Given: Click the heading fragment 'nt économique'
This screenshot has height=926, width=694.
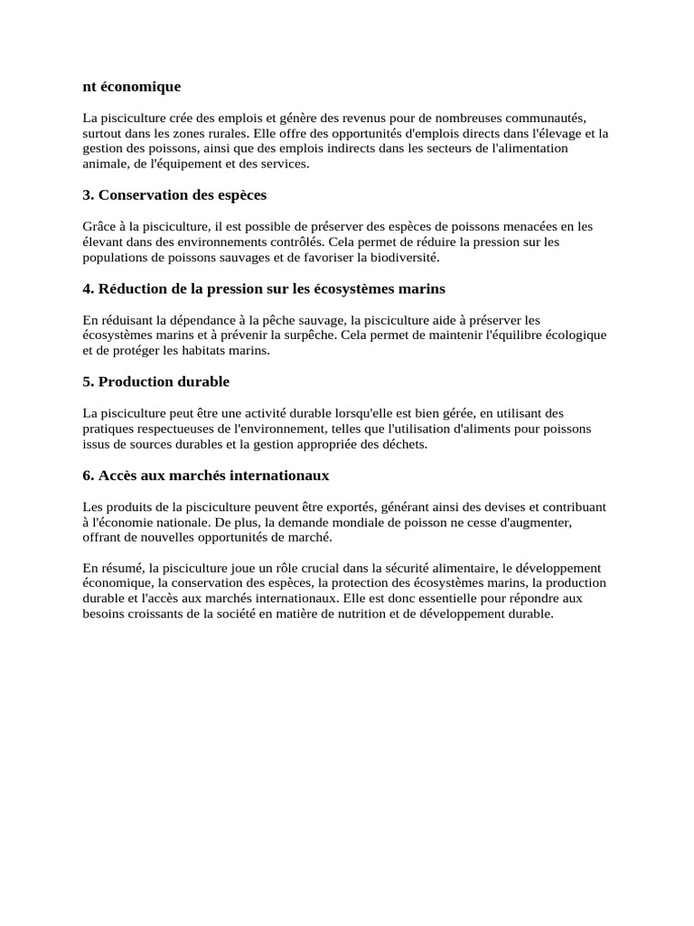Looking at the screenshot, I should tap(132, 87).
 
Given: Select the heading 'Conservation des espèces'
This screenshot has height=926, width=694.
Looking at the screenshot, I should tap(183, 194).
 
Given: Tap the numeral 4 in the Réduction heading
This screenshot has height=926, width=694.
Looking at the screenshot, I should tap(87, 288).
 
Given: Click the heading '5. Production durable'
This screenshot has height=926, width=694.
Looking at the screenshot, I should tap(155, 382).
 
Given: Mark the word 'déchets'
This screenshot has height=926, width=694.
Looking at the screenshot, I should tap(407, 444).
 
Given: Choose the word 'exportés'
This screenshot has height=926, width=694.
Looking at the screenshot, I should tap(361, 506).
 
